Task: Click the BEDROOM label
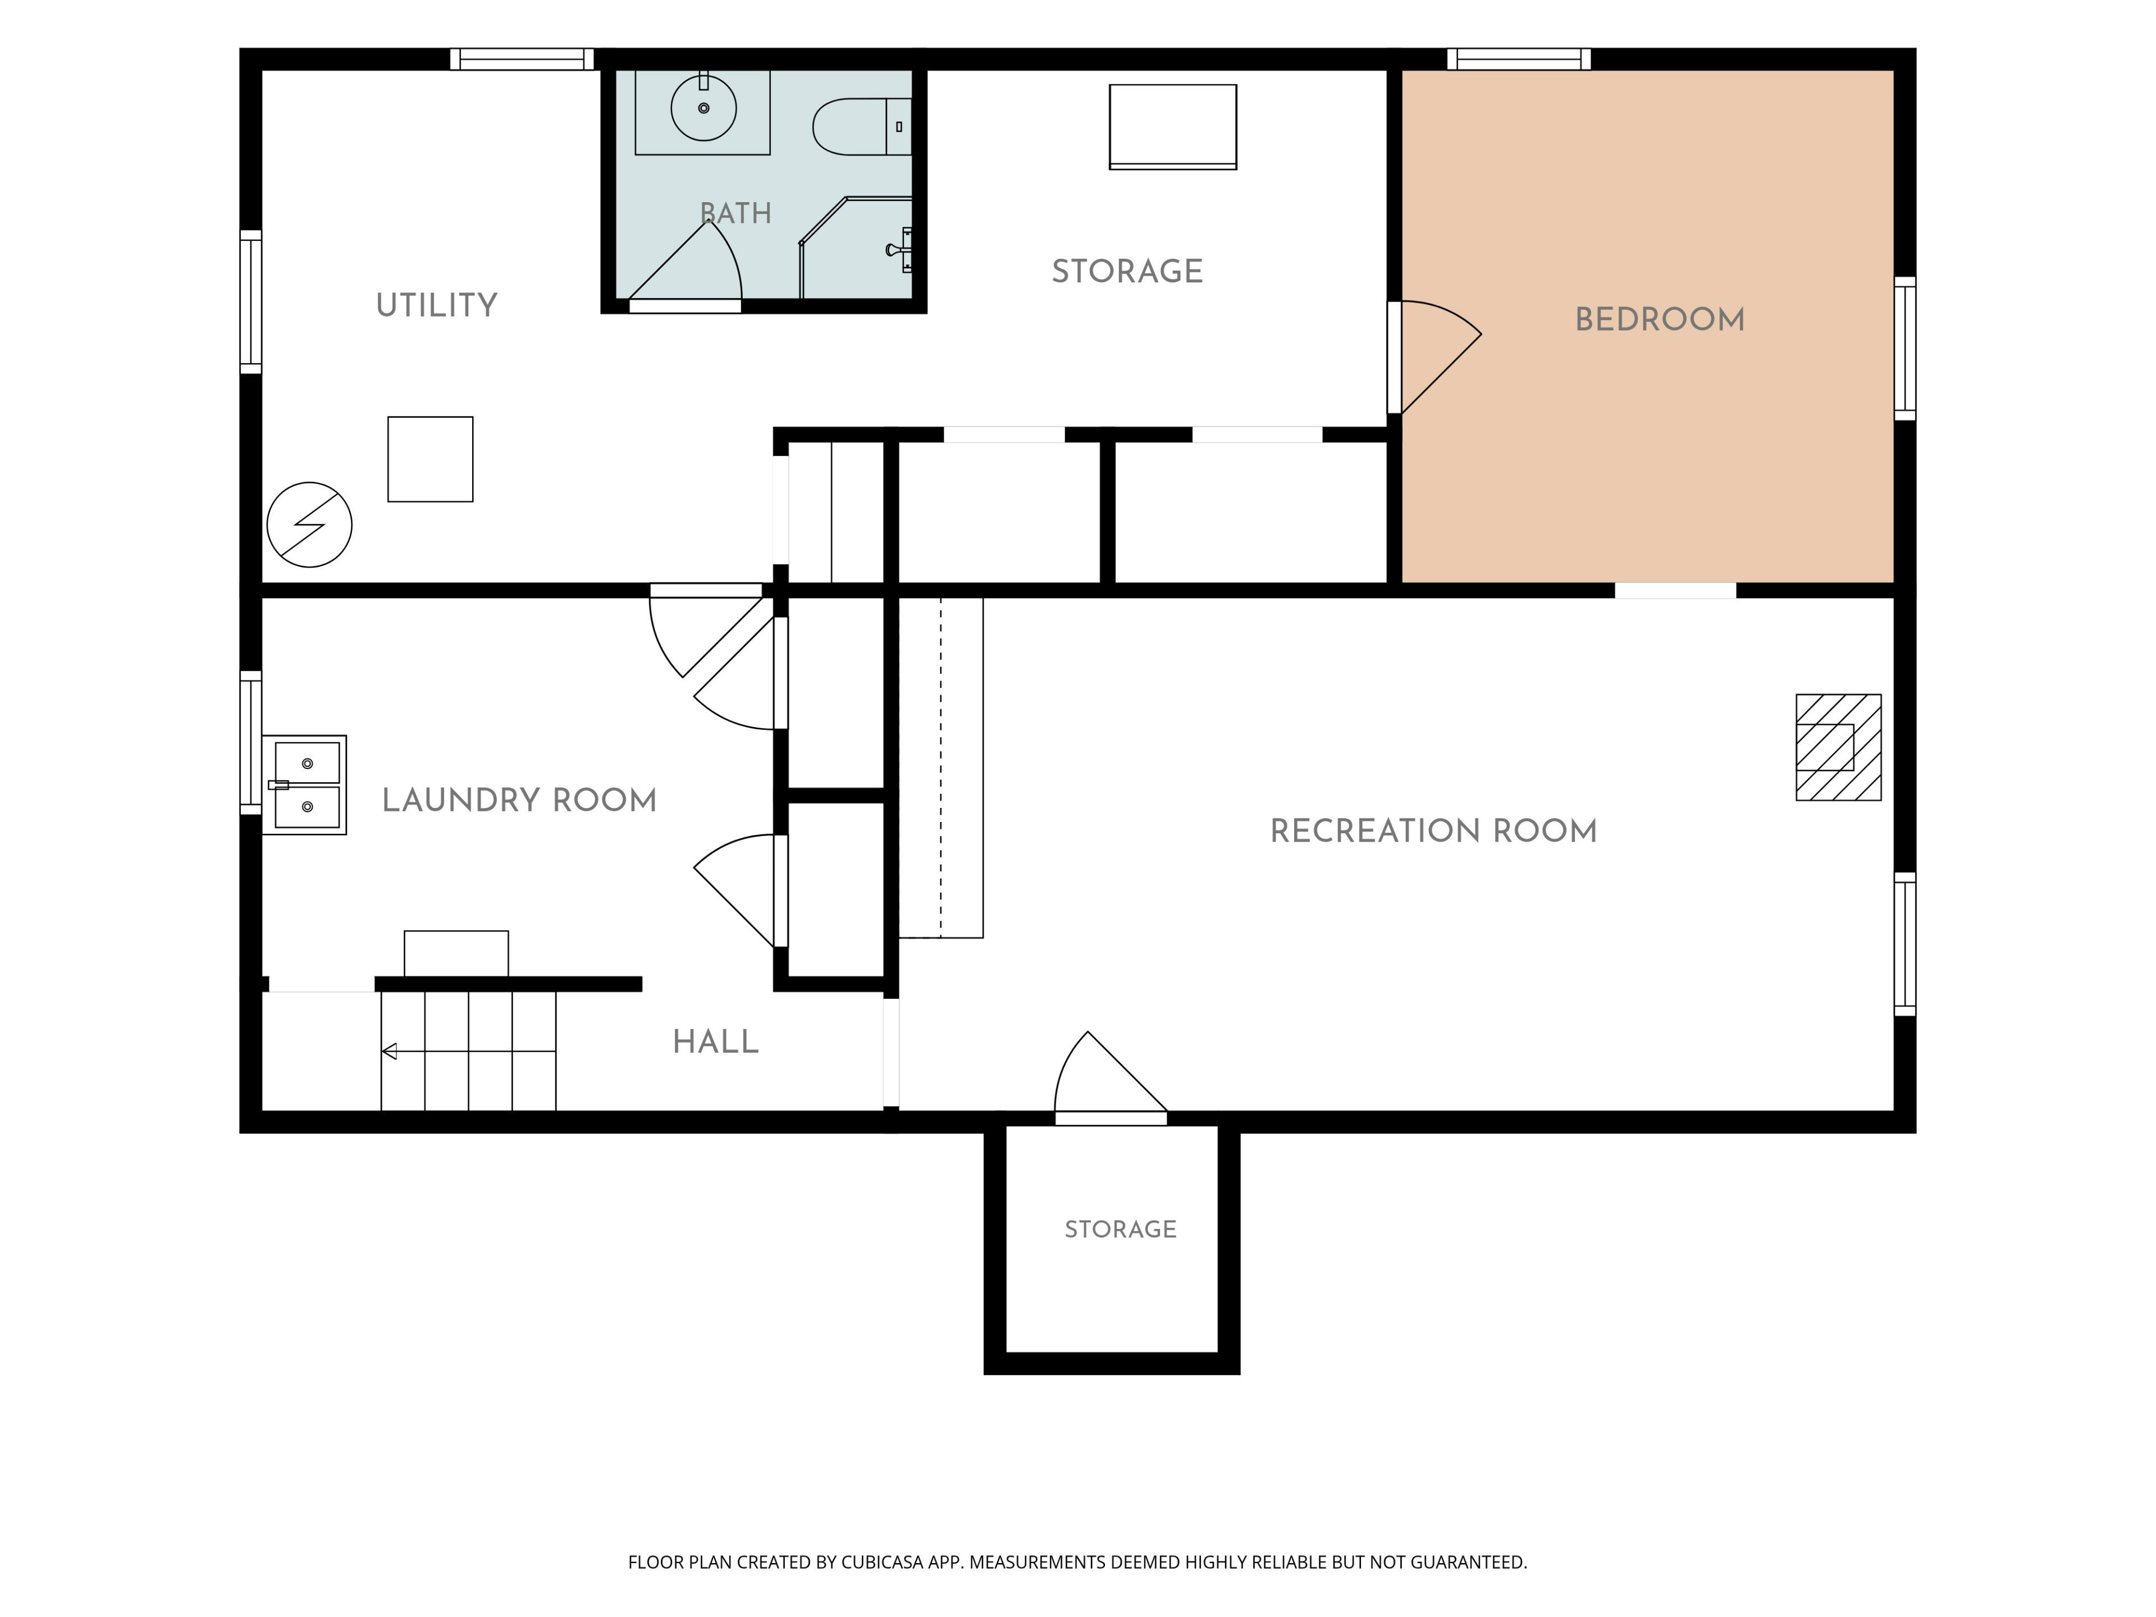[x=1660, y=319]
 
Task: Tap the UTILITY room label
[x=437, y=305]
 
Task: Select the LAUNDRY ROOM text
[x=519, y=800]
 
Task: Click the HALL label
[x=715, y=1042]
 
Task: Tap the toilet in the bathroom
[x=862, y=127]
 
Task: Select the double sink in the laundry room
[x=304, y=784]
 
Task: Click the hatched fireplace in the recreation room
[x=1838, y=748]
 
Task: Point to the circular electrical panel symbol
[x=309, y=524]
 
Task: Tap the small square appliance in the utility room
[x=430, y=459]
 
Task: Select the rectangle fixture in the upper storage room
[x=1172, y=127]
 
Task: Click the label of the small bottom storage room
[x=1121, y=1229]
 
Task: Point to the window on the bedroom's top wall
[x=1519, y=58]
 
